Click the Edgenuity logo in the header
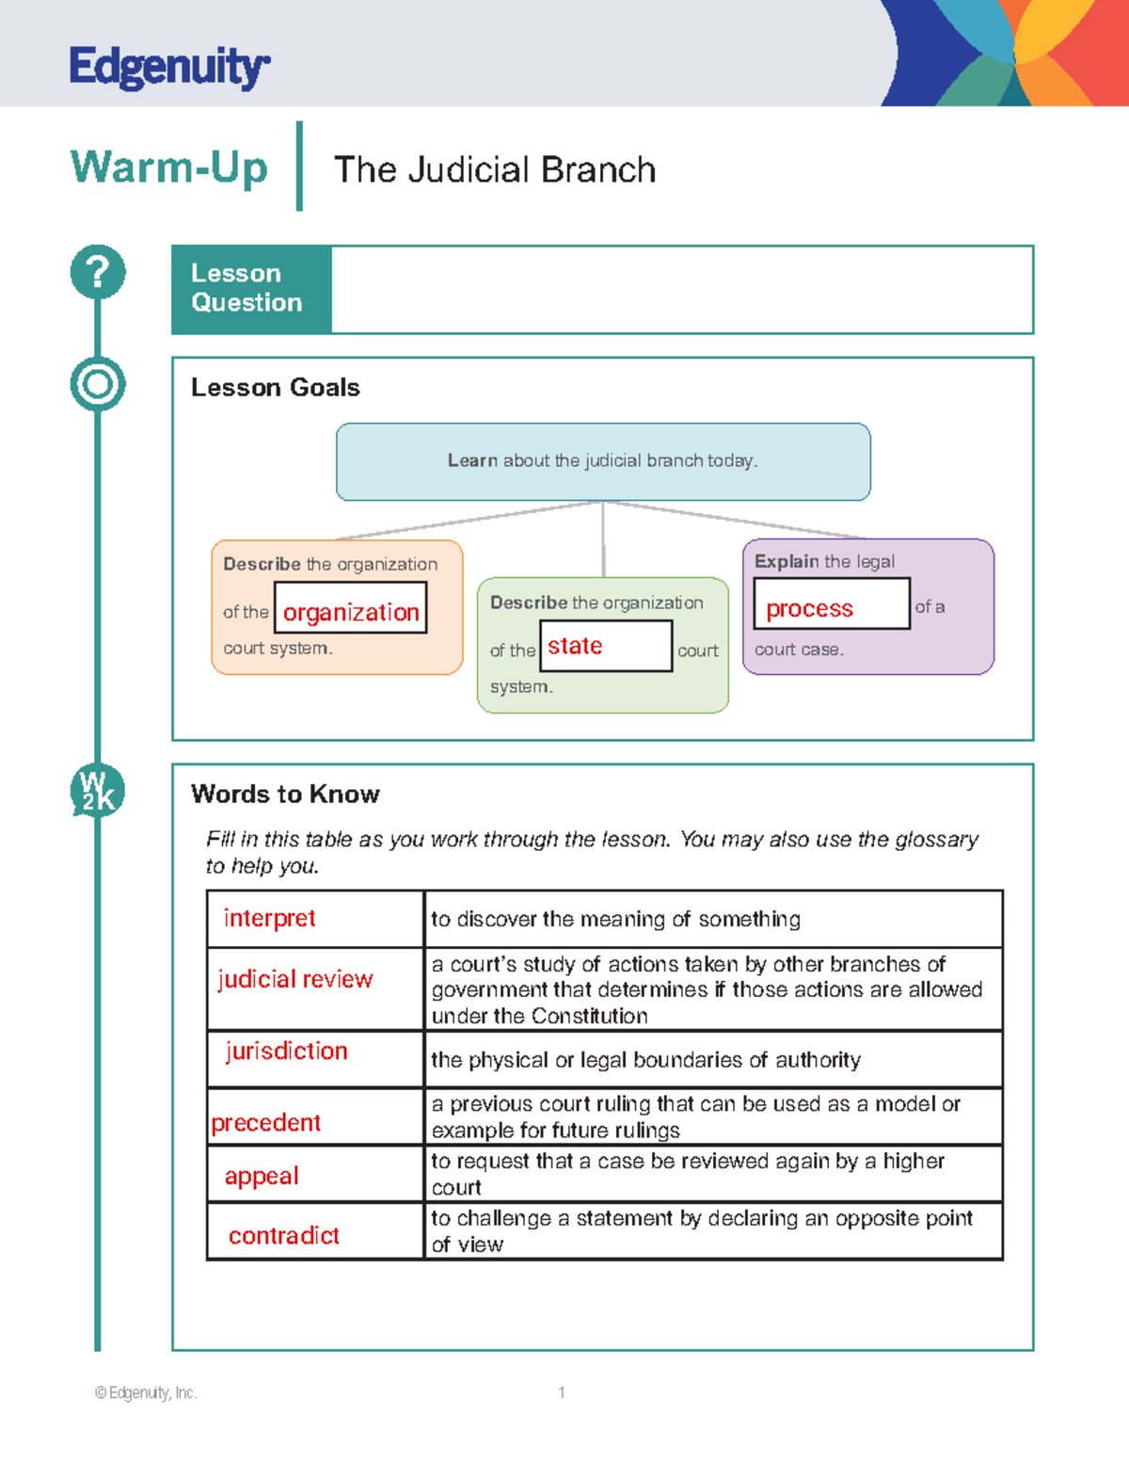point(169,67)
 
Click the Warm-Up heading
point(169,168)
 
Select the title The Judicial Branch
point(495,169)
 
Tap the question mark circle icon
point(98,272)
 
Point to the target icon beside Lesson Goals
point(98,384)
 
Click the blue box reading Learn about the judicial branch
point(603,461)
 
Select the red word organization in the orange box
point(351,612)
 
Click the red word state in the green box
point(575,646)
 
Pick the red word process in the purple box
point(809,608)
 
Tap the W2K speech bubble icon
point(97,791)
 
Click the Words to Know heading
point(285,794)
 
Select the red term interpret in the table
point(269,918)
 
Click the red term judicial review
point(295,979)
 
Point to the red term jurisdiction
point(286,1051)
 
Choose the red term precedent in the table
point(265,1122)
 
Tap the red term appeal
point(262,1176)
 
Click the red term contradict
point(283,1235)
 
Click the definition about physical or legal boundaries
point(645,1060)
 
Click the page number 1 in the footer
point(562,1392)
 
